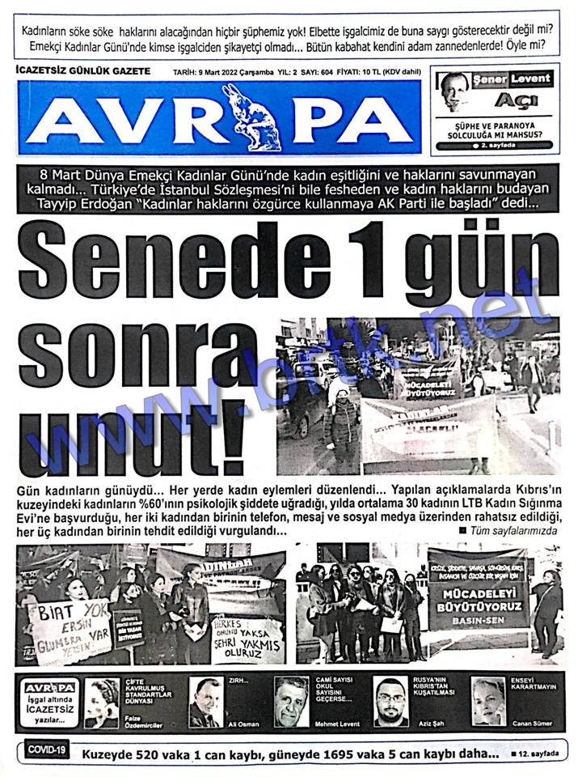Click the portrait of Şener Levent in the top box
click(x=456, y=91)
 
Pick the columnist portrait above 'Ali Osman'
click(x=206, y=701)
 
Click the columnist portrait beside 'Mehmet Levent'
click(x=292, y=701)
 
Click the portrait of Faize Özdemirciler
click(x=103, y=701)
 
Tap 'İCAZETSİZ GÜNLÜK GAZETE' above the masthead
click(x=83, y=71)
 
